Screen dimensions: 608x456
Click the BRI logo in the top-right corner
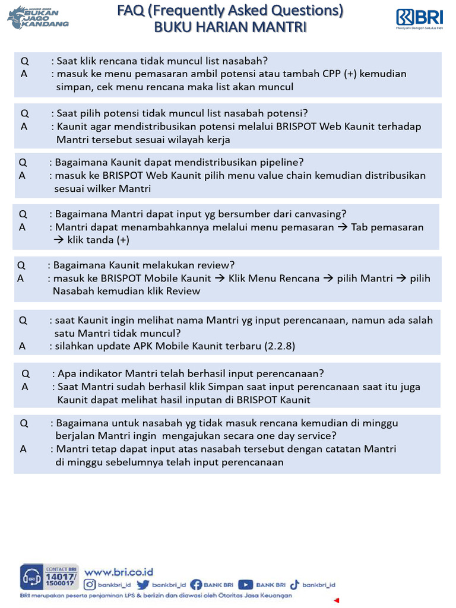tap(419, 18)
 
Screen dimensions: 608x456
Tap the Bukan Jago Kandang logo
tap(38, 17)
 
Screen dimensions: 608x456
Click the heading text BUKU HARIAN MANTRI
tap(230, 27)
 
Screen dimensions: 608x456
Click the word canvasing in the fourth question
tap(323, 214)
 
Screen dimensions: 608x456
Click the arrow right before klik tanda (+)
tap(58, 240)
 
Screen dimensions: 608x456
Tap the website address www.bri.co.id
tap(119, 572)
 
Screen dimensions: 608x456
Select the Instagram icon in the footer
tap(90, 585)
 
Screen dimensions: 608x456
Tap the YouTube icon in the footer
tap(246, 585)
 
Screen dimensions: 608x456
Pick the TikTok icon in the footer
tap(295, 585)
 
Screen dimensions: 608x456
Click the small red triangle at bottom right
tap(337, 600)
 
